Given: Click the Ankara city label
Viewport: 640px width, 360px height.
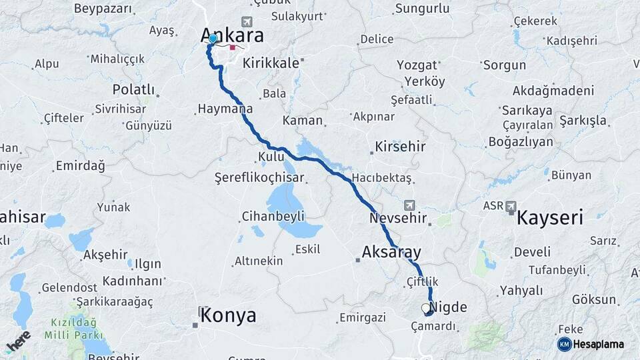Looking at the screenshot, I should coord(233,36).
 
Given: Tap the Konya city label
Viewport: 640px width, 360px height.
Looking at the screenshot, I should coord(228,315).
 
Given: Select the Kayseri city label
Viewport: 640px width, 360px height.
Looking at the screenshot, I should coord(550,217).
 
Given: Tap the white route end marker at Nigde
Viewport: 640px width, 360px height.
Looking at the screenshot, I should coord(426,308).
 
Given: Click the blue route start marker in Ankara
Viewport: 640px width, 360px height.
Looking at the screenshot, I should coord(213,39).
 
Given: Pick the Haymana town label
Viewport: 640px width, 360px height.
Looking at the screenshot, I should coord(225,109).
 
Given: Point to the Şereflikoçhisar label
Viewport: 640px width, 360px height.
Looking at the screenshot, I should coord(259,178).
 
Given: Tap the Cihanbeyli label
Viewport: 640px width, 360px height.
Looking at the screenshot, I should coord(273,216).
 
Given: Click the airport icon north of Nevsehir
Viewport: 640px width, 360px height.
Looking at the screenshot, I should coord(408,204).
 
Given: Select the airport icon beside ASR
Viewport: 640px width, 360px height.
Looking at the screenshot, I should coord(511,206).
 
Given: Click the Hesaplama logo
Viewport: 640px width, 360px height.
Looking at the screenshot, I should coord(591,345).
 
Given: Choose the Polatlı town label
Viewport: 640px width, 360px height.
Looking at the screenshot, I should coord(133,90).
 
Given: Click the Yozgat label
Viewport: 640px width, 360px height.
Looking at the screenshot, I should coord(417,65).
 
